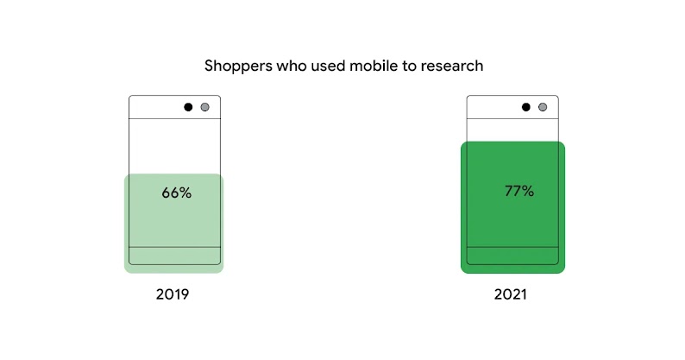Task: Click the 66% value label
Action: point(176,193)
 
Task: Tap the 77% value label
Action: point(518,191)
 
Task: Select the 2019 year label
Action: point(173,294)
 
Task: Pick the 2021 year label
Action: point(511,294)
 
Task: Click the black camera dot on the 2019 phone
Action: point(188,107)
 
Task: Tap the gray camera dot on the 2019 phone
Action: point(204,107)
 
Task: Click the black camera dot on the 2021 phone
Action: point(526,107)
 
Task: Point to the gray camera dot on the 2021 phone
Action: point(543,107)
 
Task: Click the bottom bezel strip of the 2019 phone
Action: point(174,256)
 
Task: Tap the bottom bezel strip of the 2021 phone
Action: point(512,256)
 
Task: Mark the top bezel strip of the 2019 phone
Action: point(155,107)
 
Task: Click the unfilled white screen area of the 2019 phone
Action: point(174,147)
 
